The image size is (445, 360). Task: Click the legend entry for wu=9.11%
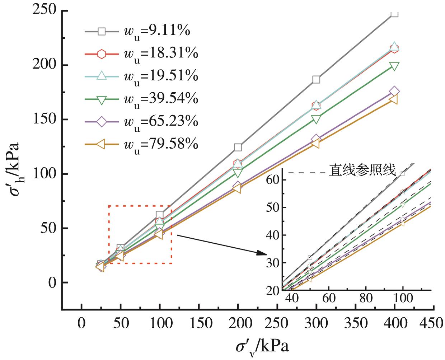coord(140,32)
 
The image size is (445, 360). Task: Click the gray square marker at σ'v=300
coord(316,79)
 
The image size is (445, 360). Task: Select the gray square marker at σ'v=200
coord(238,147)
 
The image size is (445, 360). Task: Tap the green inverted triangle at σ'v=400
coord(394,66)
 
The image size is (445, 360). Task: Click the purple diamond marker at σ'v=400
coord(394,91)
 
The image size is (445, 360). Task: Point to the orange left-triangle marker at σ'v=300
coord(316,143)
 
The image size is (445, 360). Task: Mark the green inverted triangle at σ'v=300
coord(316,119)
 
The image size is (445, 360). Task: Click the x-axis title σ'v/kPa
coord(262,347)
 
